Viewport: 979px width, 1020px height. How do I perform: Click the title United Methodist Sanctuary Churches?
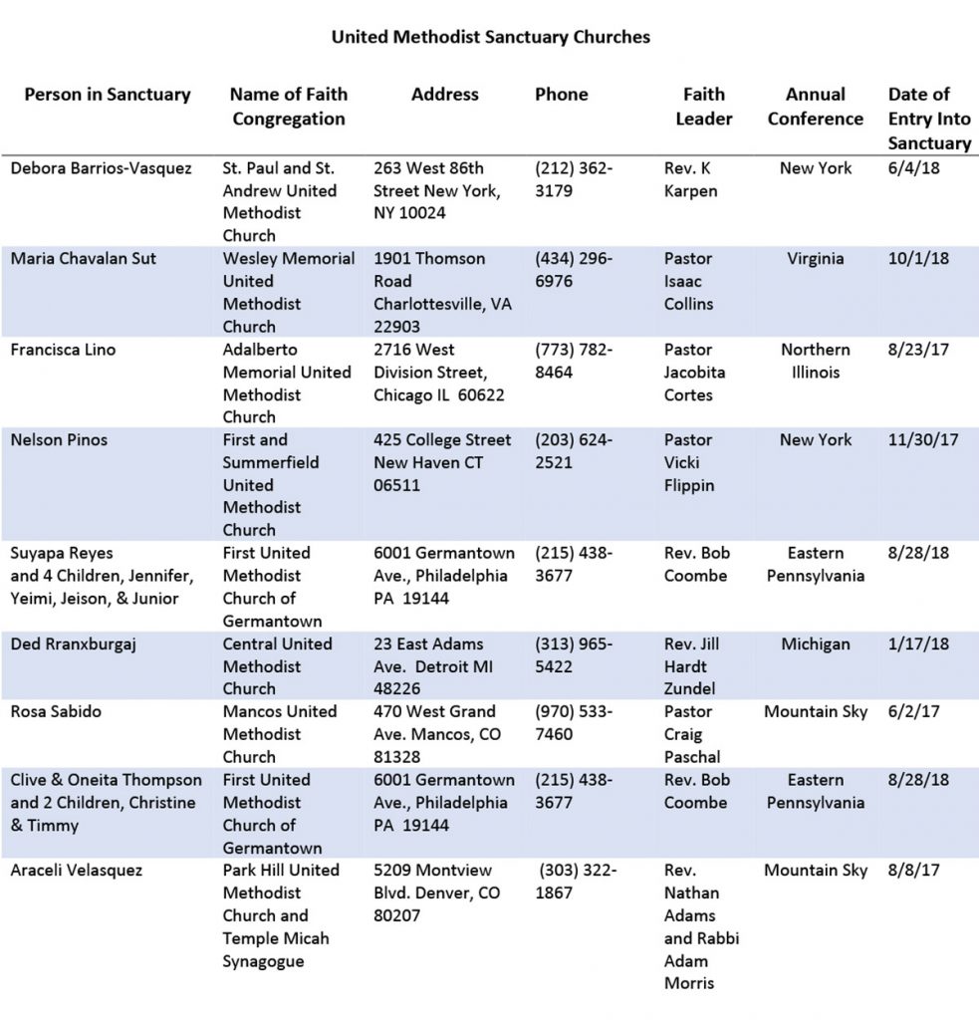490,37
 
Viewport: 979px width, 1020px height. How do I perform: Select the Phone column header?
561,95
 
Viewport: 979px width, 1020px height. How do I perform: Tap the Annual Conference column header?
815,107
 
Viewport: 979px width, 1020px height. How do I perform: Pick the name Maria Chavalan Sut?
84,259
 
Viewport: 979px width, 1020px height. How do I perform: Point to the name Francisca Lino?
64,351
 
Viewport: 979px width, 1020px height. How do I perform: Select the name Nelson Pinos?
58,440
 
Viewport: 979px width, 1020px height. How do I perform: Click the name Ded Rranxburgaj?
73,644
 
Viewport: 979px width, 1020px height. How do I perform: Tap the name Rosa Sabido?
55,712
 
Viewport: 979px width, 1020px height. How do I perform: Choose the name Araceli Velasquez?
77,871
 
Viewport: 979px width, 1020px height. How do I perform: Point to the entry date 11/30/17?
921,440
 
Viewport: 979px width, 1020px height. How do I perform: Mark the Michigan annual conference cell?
816,644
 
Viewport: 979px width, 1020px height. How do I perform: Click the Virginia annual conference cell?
816,259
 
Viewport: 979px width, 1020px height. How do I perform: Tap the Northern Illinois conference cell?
816,362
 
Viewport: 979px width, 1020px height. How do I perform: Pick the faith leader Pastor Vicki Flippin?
689,463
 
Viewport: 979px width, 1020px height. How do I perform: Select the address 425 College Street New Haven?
443,463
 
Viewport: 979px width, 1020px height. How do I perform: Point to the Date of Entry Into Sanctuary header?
928,119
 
